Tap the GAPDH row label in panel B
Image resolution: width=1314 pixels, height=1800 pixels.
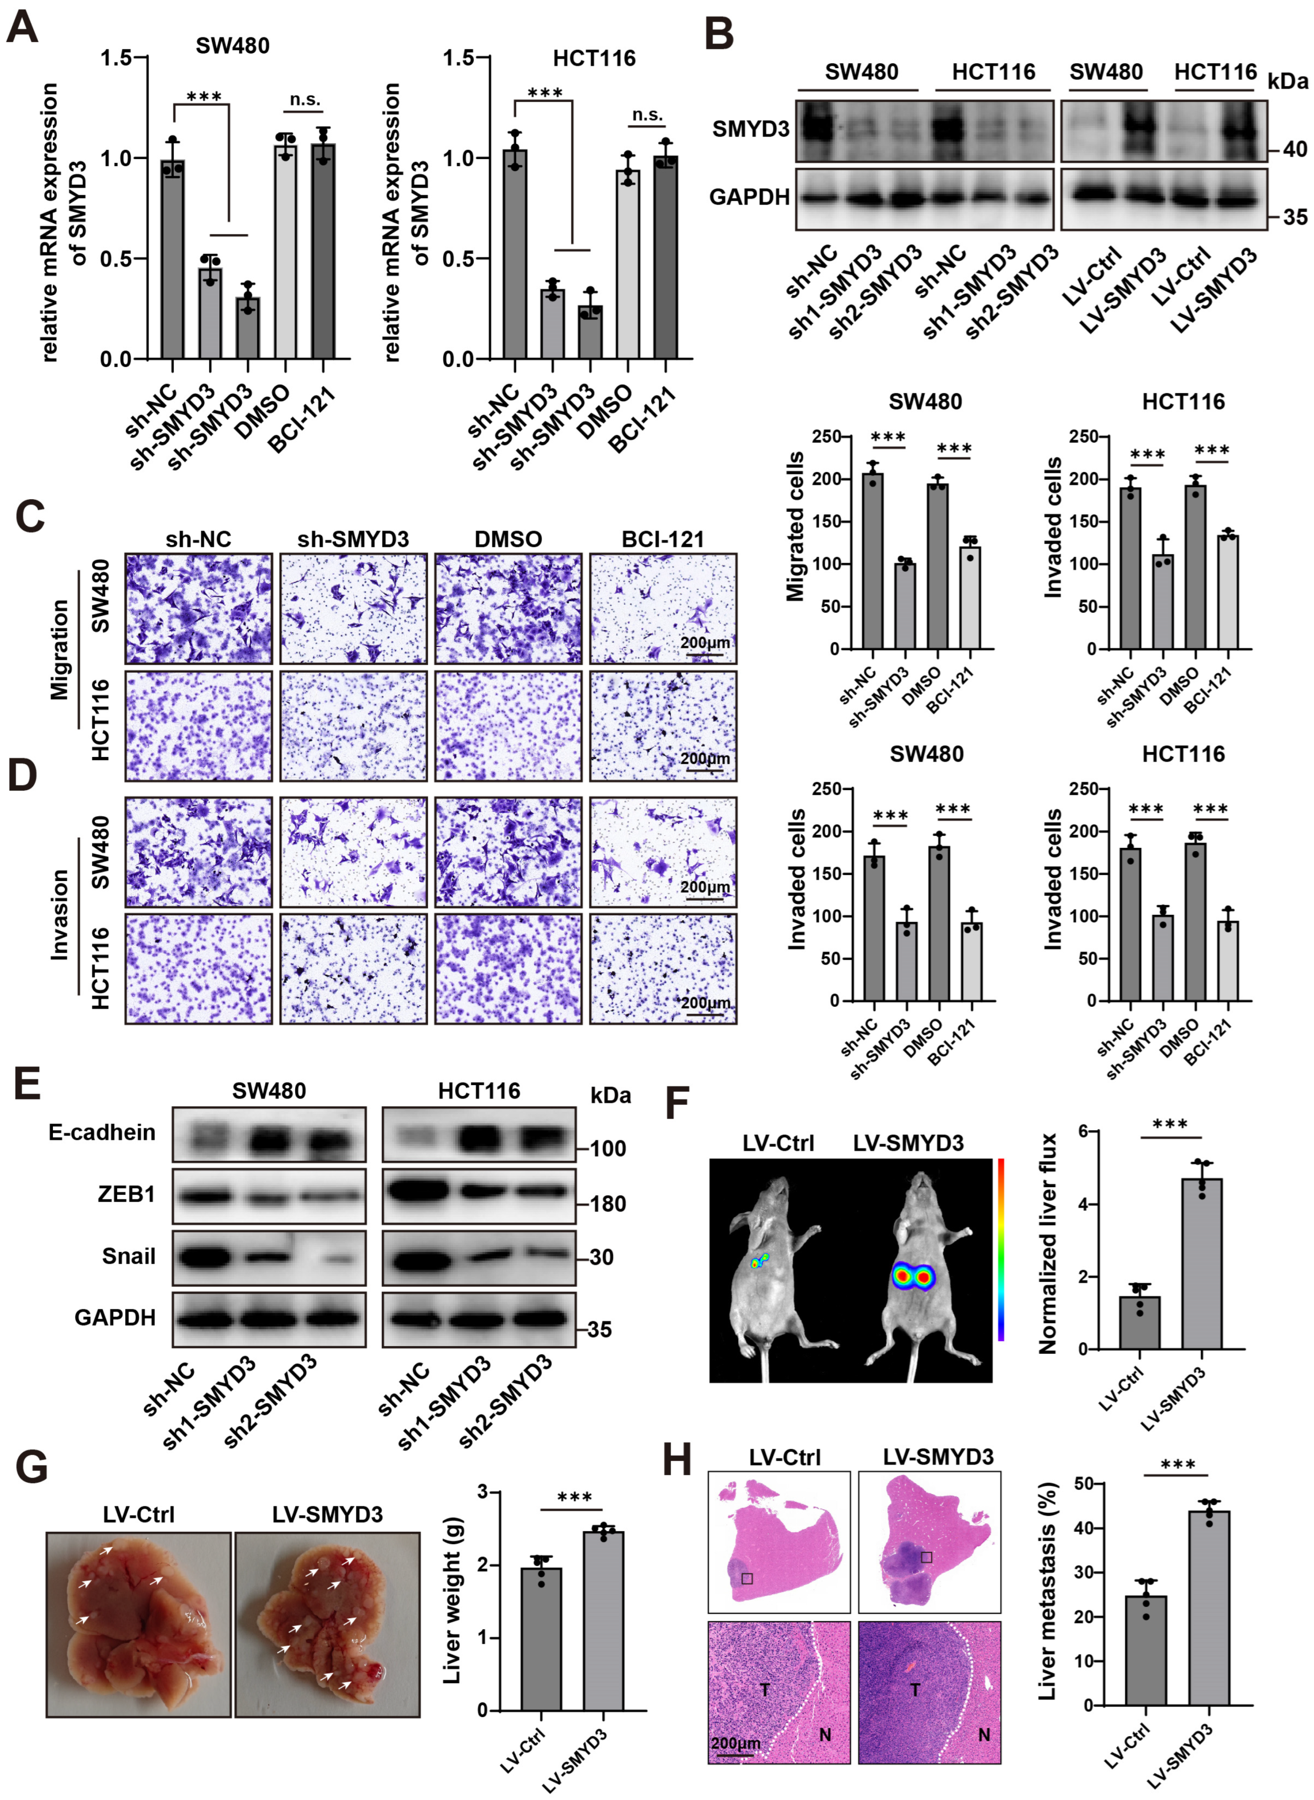[x=749, y=196]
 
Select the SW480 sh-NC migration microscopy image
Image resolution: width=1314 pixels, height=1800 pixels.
[x=198, y=609]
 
